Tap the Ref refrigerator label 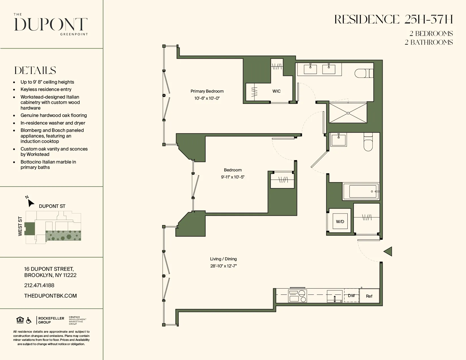(x=369, y=296)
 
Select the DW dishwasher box (x=351, y=296)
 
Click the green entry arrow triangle (x=388, y=251)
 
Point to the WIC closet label (x=276, y=91)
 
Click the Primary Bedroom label (x=207, y=91)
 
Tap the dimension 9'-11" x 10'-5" (x=233, y=177)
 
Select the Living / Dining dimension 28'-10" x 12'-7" (x=223, y=266)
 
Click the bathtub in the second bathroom (x=363, y=191)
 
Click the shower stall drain (x=348, y=113)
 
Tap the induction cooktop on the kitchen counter (x=298, y=296)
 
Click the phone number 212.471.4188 (x=39, y=285)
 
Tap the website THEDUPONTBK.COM (x=51, y=296)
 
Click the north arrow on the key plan (x=31, y=203)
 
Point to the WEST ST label (x=20, y=226)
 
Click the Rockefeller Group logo (x=51, y=320)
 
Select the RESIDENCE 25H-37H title (x=393, y=19)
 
